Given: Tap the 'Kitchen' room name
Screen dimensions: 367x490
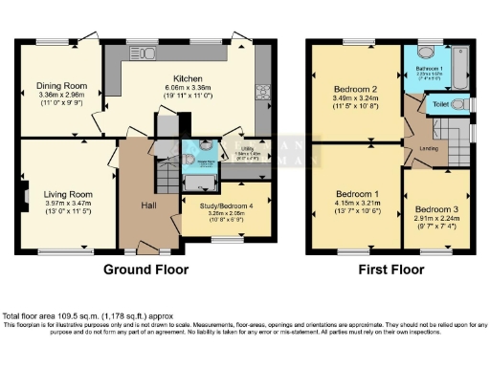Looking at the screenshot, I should (187, 78).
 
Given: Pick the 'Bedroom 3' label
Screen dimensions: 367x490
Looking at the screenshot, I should (435, 207).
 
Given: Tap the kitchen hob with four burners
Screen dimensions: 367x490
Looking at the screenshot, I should (261, 93).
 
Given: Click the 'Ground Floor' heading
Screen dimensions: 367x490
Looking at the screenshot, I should (145, 269).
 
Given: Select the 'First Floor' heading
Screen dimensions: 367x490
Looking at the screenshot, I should (391, 269).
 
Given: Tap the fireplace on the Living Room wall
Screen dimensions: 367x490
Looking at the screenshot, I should (24, 199).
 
